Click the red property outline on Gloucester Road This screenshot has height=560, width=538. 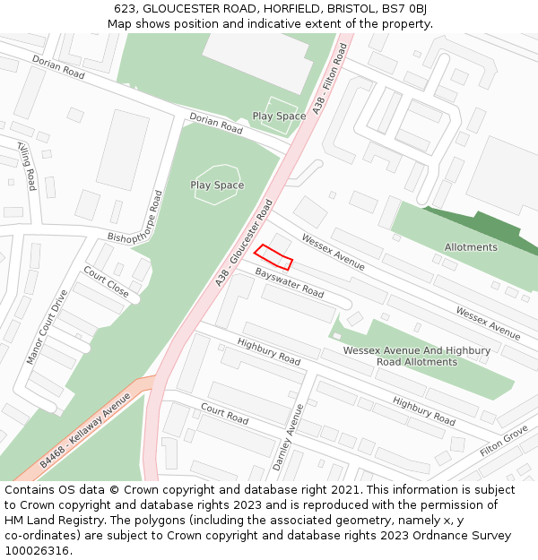click(x=273, y=257)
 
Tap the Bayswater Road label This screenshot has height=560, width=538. click(x=289, y=282)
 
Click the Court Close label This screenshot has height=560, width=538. click(x=106, y=282)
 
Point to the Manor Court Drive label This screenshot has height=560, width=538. click(x=47, y=326)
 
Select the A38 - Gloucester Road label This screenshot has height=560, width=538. click(x=244, y=243)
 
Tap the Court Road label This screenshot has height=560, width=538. click(x=224, y=413)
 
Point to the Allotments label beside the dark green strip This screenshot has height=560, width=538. click(x=471, y=247)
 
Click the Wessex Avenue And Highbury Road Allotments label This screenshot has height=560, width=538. click(x=416, y=356)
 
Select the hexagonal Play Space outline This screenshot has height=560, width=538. click(x=217, y=184)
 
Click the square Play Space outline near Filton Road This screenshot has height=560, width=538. click(x=279, y=115)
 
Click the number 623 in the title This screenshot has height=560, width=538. click(x=125, y=9)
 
